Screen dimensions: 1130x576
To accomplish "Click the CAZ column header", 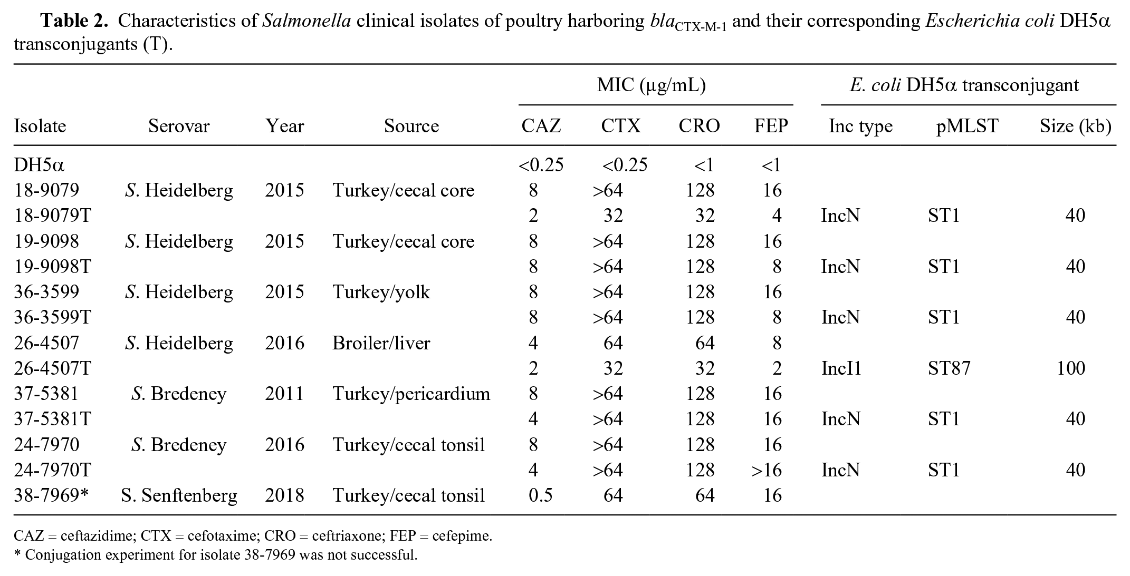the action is (541, 126).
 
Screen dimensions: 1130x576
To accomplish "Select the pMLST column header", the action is (967, 126).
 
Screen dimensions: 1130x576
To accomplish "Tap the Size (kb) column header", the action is (1076, 126).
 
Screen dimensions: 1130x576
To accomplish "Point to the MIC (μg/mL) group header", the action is (652, 85).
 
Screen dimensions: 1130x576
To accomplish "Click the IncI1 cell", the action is (841, 368).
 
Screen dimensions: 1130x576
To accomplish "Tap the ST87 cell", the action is (949, 368).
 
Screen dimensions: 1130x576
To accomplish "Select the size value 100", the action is (1071, 368).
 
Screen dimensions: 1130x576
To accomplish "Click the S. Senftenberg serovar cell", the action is (179, 496).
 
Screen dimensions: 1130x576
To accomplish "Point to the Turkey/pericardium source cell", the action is (411, 394).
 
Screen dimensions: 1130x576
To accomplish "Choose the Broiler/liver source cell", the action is (381, 343).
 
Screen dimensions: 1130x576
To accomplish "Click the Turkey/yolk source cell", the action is (381, 292).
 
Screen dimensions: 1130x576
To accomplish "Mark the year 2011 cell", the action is (284, 394).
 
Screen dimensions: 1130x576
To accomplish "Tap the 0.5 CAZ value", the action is (541, 495).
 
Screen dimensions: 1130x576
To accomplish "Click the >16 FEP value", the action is (767, 470).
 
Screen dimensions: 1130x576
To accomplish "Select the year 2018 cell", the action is (284, 495).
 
